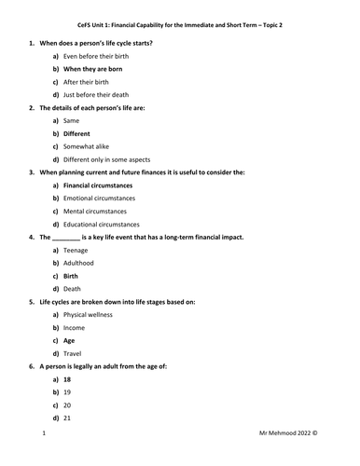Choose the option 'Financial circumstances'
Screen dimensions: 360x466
104,185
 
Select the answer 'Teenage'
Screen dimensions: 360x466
76,251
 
